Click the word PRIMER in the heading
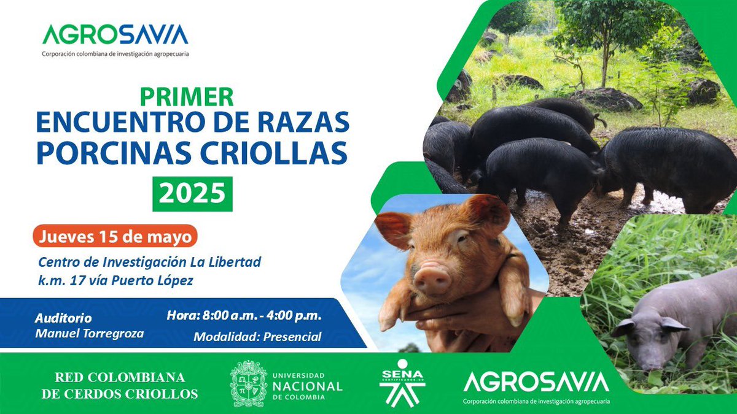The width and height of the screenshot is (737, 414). click(187, 96)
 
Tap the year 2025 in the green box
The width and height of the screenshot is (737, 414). click(192, 193)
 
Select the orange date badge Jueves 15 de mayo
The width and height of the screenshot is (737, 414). click(115, 236)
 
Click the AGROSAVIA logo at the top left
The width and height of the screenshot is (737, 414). click(115, 35)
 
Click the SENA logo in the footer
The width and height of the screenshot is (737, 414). click(403, 383)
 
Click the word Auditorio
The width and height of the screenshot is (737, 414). click(63, 318)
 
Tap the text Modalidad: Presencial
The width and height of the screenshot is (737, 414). click(257, 337)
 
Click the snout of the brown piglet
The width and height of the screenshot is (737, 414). click(432, 281)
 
